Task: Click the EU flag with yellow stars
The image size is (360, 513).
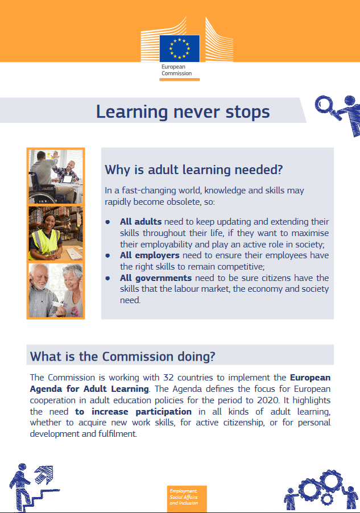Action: [179, 48]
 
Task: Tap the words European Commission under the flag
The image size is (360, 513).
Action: [176, 70]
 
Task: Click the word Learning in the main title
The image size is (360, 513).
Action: [132, 112]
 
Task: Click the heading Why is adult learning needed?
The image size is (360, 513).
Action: [194, 170]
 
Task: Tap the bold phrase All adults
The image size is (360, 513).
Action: [140, 221]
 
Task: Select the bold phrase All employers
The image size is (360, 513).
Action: [150, 255]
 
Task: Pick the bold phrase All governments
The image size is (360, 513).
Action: [156, 278]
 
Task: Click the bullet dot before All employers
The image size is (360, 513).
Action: [107, 255]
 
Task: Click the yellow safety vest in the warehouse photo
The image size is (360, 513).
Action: [45, 242]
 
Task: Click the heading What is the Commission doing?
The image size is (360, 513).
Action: [123, 356]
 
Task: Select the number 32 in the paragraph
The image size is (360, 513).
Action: [168, 378]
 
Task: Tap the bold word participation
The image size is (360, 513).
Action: [164, 412]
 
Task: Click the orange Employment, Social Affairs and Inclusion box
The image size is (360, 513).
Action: [187, 498]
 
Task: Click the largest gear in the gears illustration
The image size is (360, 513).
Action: [310, 490]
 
